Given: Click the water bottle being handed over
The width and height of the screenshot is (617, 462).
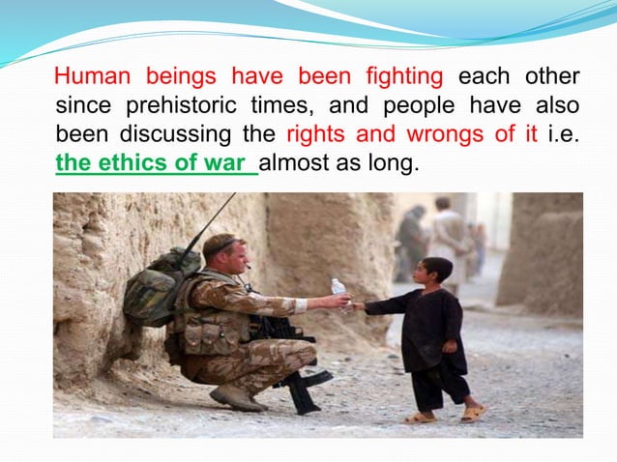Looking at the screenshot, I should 338,293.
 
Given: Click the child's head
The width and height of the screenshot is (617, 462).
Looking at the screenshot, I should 436,272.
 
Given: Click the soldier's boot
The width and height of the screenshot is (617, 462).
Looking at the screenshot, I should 236,395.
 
